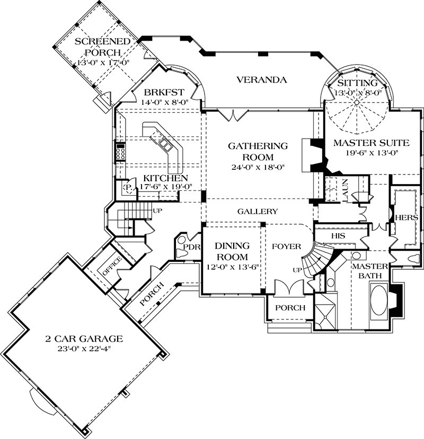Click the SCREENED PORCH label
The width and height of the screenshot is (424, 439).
(x=95, y=47)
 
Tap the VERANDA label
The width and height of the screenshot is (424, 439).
(x=262, y=80)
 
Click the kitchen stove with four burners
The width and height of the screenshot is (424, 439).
(x=120, y=152)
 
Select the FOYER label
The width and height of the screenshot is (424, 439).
(x=286, y=246)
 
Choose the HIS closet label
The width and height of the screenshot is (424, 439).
(x=338, y=233)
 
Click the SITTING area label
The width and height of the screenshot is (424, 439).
(x=358, y=83)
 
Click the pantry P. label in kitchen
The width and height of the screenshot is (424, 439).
(x=127, y=187)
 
